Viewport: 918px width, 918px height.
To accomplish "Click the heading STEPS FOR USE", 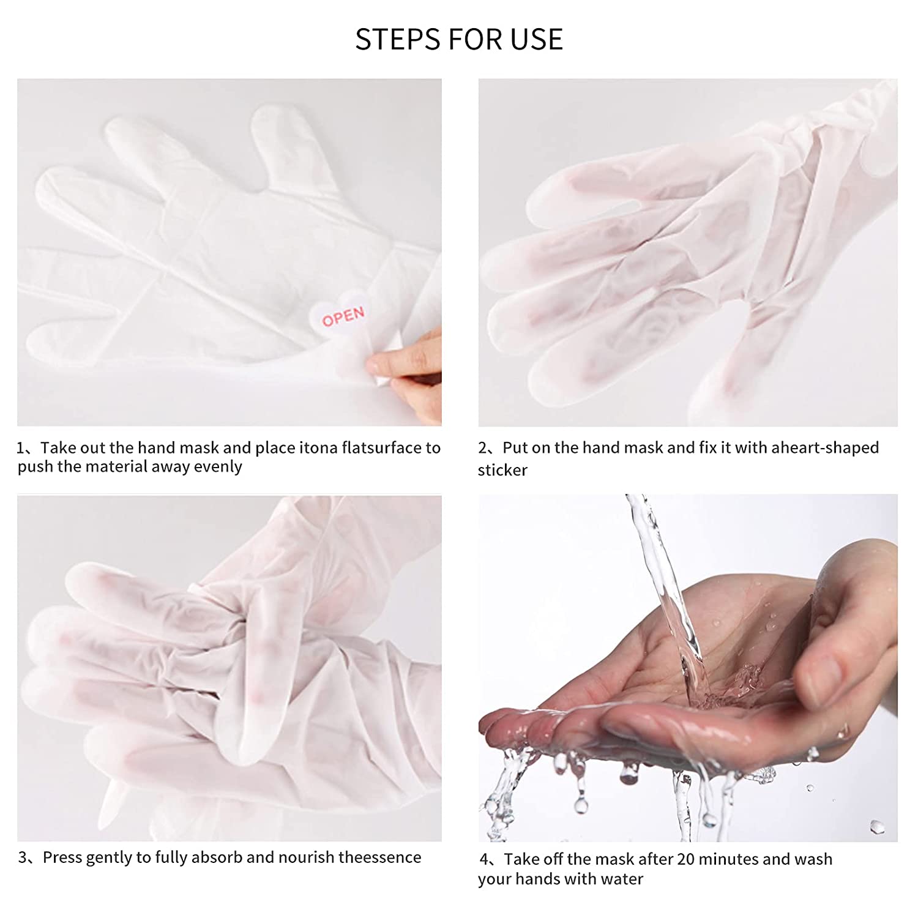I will coord(459,39).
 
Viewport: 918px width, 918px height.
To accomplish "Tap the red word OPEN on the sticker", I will coord(343,316).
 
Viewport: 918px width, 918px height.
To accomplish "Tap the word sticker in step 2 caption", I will coord(502,470).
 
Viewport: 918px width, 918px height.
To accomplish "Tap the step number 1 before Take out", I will coord(21,449).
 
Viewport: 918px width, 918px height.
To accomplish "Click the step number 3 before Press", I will coord(23,858).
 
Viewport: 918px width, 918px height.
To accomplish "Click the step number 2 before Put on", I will coord(483,449).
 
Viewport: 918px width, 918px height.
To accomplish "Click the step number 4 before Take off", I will coord(485,860).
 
